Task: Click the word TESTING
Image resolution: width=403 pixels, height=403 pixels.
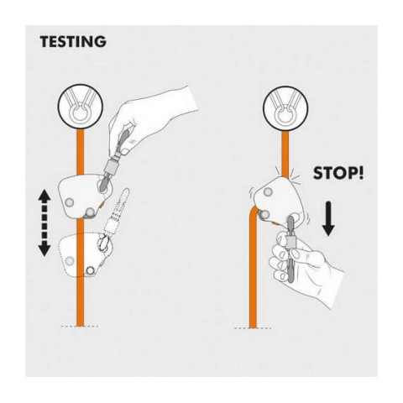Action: coord(73,42)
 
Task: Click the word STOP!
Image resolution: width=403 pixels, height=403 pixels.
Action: coord(338,173)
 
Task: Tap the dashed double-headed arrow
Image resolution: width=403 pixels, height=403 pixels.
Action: coord(44,222)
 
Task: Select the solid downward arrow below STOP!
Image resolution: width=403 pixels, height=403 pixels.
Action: coord(328,218)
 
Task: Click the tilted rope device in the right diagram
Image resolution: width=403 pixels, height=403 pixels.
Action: coord(279,200)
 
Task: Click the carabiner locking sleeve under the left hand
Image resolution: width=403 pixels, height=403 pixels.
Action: coord(111,167)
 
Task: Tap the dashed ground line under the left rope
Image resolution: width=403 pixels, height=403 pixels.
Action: coord(80,327)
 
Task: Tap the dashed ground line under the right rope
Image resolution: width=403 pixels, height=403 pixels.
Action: coord(253,328)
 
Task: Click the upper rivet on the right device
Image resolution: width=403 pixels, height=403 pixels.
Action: coord(268,192)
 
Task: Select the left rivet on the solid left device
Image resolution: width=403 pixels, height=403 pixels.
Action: coord(69,202)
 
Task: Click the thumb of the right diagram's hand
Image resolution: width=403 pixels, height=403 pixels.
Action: coord(297,254)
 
